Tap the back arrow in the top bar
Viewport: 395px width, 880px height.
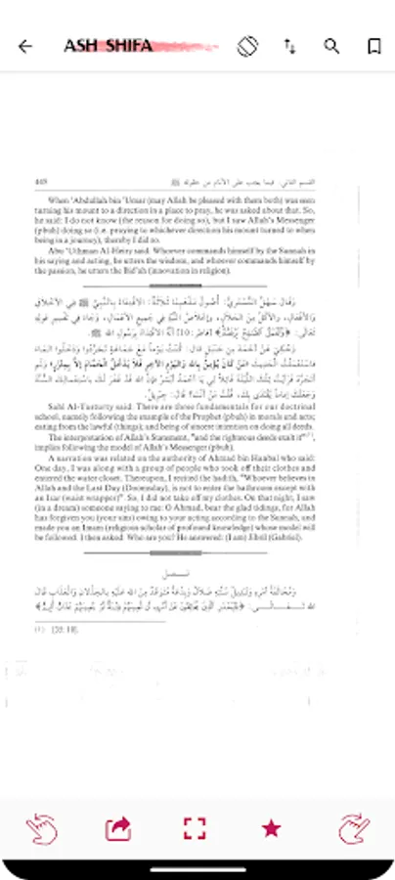pyautogui.click(x=25, y=46)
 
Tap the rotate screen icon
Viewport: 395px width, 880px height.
pyautogui.click(x=248, y=46)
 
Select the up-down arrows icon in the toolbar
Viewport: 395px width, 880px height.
pyautogui.click(x=290, y=46)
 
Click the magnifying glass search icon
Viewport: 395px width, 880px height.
pyautogui.click(x=331, y=46)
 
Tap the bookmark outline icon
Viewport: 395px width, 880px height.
pyautogui.click(x=373, y=46)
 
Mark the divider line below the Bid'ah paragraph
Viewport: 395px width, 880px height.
pyautogui.click(x=197, y=285)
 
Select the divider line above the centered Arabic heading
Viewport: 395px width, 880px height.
pyautogui.click(x=197, y=553)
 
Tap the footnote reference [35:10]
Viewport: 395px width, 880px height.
pyautogui.click(x=49, y=631)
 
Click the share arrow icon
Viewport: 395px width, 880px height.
pyautogui.click(x=117, y=829)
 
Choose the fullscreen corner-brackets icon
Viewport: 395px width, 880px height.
pyautogui.click(x=195, y=829)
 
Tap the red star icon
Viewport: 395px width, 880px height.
pyautogui.click(x=272, y=829)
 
